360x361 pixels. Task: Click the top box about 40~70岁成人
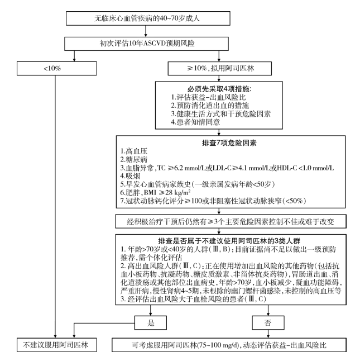point(148,18)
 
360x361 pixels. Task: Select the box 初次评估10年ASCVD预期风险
point(146,44)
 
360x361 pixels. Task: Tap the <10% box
point(56,68)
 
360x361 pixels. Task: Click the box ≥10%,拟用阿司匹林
point(219,68)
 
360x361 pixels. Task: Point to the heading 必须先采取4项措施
point(219,89)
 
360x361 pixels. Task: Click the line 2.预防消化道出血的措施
point(210,106)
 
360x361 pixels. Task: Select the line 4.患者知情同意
point(195,122)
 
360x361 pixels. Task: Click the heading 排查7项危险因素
point(229,143)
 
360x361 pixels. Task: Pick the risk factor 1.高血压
point(134,151)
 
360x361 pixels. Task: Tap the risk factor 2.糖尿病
point(134,160)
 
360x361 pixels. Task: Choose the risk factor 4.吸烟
point(130,176)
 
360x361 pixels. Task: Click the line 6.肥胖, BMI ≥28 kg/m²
point(155,192)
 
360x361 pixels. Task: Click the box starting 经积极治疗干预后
point(231,221)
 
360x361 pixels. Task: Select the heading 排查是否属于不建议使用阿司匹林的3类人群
point(229,241)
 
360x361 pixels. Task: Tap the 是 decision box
point(151,323)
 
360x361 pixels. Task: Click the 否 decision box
point(268,323)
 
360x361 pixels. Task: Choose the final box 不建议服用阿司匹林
point(56,345)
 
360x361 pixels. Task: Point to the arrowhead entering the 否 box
point(268,314)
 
